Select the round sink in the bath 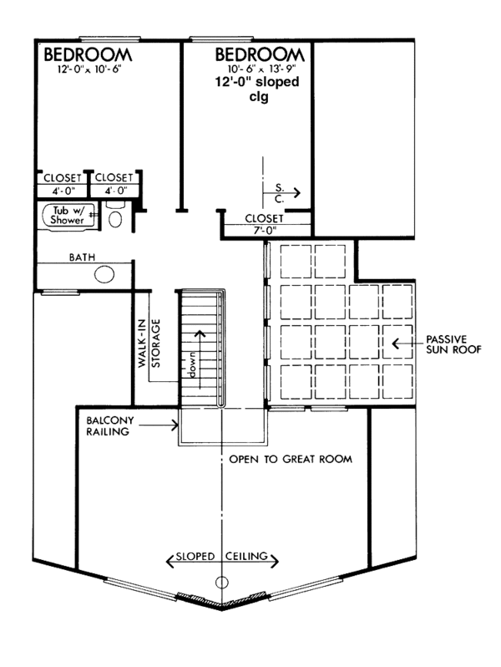[105, 274]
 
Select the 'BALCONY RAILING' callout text [105, 425]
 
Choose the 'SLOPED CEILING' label [222, 556]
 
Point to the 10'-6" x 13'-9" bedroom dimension [261, 70]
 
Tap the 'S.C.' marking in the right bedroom [280, 194]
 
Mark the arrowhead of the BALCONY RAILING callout [176, 425]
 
